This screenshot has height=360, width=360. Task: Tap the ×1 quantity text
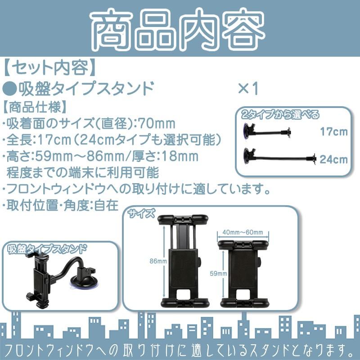pyautogui.click(x=248, y=89)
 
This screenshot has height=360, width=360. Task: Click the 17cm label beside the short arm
pyautogui.click(x=334, y=132)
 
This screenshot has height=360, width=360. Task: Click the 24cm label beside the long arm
pyautogui.click(x=334, y=159)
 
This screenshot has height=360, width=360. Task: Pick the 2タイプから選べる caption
pyautogui.click(x=280, y=114)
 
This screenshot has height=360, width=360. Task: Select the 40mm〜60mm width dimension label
pyautogui.click(x=243, y=232)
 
